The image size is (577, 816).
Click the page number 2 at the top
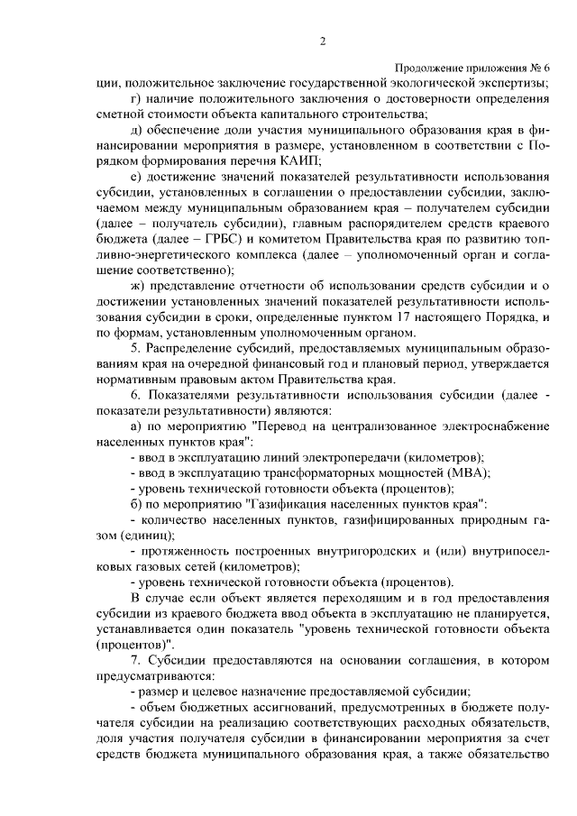tap(323, 40)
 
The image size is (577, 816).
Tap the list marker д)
tap(136, 129)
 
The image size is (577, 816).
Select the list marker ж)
tap(138, 285)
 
